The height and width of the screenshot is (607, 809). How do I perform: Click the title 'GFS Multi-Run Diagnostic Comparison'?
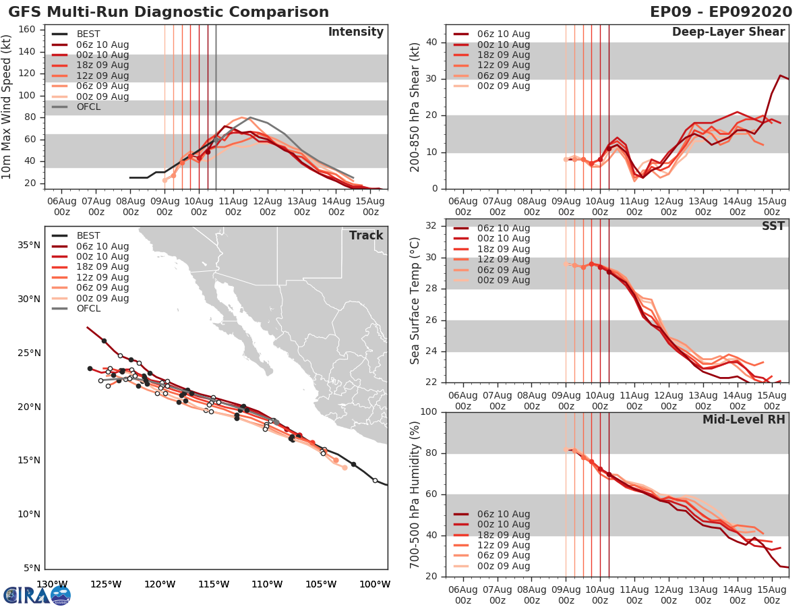169,12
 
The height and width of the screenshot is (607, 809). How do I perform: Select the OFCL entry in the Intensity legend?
88,107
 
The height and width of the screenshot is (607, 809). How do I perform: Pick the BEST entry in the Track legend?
88,235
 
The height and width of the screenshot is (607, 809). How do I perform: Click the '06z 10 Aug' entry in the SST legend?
503,228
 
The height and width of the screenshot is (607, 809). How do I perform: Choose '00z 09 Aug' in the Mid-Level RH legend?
503,566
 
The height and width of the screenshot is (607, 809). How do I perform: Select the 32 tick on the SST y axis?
431,226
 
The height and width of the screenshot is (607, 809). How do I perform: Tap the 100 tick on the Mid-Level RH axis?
429,412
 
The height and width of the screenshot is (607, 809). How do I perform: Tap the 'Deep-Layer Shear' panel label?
728,32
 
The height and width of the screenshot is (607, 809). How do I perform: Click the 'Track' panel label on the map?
366,235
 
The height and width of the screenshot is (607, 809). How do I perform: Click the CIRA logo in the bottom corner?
37,595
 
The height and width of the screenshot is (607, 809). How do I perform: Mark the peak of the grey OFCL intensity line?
250,118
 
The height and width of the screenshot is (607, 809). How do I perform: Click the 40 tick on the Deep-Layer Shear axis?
431,42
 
